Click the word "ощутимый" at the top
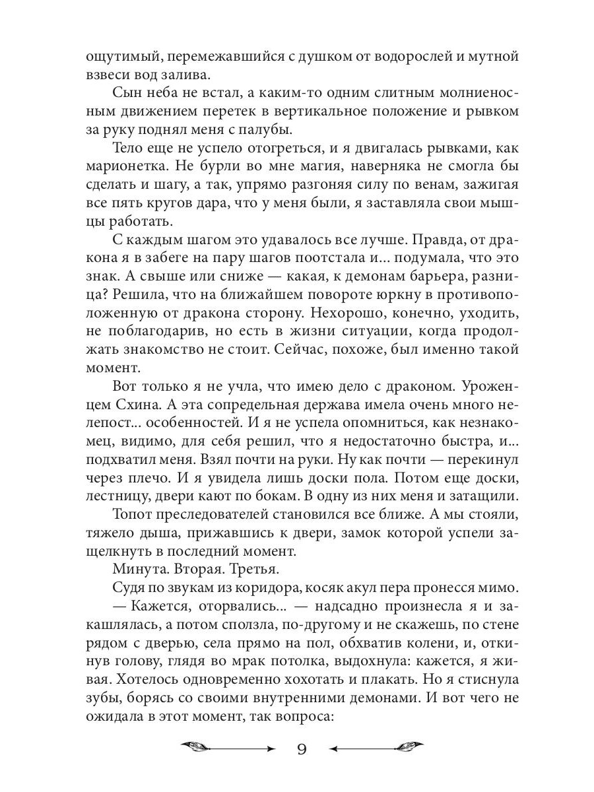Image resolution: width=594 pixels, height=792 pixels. [121, 57]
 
